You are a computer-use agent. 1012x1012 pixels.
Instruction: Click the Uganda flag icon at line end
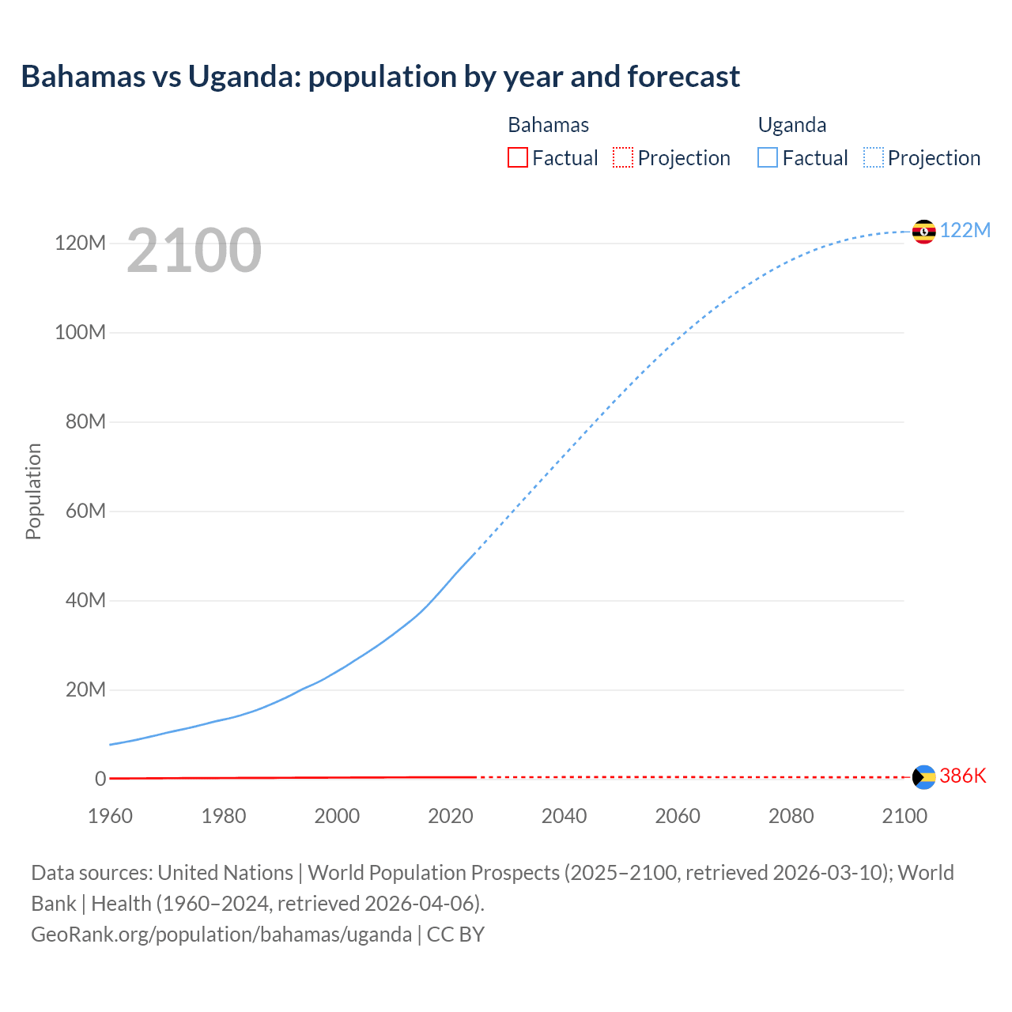click(x=923, y=232)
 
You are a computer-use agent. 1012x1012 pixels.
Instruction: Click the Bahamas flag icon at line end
click(x=923, y=777)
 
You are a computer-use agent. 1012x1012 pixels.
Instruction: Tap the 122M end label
click(x=965, y=230)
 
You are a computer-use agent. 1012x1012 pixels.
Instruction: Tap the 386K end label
click(x=962, y=776)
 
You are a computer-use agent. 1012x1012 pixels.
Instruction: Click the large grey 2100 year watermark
click(x=194, y=250)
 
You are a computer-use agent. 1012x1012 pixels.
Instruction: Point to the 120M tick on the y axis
click(x=80, y=243)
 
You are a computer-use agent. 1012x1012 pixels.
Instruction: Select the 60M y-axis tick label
click(x=85, y=511)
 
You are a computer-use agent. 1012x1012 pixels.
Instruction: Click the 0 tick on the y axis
click(x=100, y=779)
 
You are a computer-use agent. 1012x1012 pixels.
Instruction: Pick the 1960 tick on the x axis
click(x=110, y=816)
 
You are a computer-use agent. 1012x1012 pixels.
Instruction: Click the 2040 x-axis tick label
click(x=564, y=816)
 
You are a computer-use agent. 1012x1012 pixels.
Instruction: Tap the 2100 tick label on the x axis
click(x=904, y=816)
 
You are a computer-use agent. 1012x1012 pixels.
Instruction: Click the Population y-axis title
click(x=33, y=491)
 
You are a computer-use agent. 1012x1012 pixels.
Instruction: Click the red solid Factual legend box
click(x=517, y=157)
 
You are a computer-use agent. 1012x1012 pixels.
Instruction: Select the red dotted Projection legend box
click(x=623, y=157)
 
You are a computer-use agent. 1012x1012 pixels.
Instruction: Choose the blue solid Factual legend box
click(x=768, y=157)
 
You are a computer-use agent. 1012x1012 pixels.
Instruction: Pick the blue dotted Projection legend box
click(x=874, y=157)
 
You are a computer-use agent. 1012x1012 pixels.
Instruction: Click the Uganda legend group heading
click(x=791, y=125)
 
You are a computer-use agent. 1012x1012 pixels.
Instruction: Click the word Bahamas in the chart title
click(x=83, y=77)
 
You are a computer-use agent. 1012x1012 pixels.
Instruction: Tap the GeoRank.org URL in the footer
click(x=221, y=935)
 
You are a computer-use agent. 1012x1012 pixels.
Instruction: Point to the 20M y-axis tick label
click(x=85, y=689)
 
